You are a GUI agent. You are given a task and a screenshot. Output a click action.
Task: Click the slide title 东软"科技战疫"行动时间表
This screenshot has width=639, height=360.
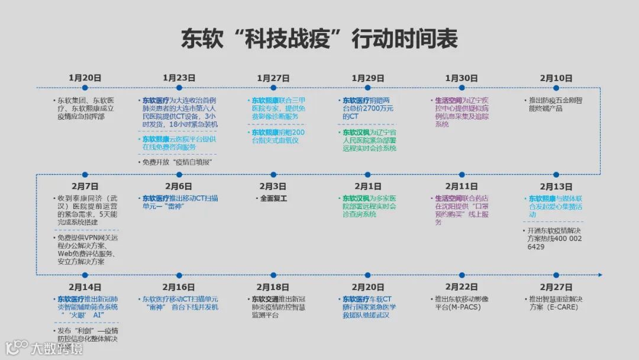coord(319,39)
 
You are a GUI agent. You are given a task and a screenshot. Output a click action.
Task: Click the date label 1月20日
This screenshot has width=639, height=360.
coord(85,78)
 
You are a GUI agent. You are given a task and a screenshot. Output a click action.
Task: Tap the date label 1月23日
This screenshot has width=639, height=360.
coord(179,78)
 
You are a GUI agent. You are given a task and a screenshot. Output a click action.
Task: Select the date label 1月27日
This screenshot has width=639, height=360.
coord(273,78)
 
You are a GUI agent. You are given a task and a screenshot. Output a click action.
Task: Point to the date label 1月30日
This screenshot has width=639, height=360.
coord(461,78)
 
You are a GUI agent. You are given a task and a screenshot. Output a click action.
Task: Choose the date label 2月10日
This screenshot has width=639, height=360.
coord(556,78)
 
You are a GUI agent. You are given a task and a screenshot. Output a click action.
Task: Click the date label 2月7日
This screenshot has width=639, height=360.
coord(85,187)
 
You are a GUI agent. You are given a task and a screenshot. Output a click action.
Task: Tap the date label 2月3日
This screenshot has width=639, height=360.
coord(273,187)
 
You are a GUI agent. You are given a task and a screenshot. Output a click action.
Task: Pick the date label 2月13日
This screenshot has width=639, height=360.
coord(556,187)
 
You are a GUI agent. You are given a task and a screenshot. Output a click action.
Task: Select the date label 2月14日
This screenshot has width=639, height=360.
coord(85,287)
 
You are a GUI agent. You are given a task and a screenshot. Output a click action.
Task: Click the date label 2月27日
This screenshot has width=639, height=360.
coord(556,287)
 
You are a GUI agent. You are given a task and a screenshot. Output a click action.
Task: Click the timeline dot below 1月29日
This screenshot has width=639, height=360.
coord(367,88)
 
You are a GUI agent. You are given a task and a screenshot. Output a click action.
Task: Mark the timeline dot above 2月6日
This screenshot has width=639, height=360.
coord(179,175)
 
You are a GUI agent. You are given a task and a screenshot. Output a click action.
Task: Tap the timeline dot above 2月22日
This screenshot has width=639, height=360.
coord(461,275)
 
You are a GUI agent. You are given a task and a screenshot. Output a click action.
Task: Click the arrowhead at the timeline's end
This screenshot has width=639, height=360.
coord(600,275)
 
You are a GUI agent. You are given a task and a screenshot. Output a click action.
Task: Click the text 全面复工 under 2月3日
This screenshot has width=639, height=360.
coord(273,198)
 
